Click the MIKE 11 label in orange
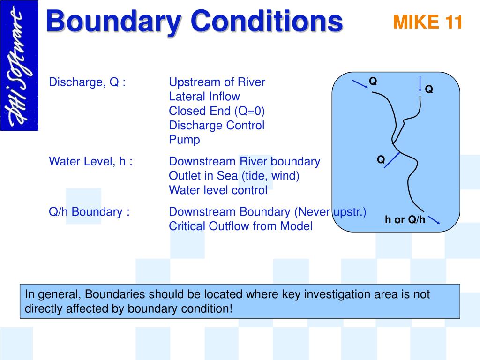(x=427, y=22)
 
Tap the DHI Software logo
(x=19, y=66)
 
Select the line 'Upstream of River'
(x=217, y=82)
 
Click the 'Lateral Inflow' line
(x=204, y=97)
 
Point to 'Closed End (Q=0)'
(x=217, y=111)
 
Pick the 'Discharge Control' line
(x=217, y=125)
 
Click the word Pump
(x=184, y=140)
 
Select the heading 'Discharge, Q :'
(x=87, y=82)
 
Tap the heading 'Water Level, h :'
(x=90, y=161)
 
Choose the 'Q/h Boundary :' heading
(x=89, y=212)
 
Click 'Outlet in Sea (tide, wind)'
(x=234, y=176)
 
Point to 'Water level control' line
(x=218, y=190)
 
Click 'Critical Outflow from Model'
(x=240, y=226)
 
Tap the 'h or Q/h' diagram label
(x=405, y=219)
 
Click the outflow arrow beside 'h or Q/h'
(x=434, y=220)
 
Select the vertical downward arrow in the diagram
(x=420, y=84)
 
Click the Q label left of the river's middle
(x=381, y=159)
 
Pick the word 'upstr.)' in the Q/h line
(x=350, y=212)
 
